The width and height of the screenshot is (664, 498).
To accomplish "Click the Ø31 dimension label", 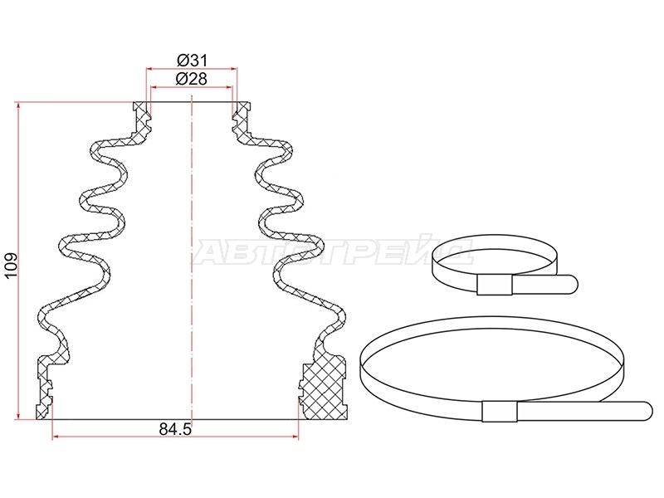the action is click(192, 61).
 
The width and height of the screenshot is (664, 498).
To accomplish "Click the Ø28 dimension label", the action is click(192, 78).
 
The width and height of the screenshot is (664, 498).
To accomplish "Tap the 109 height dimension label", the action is click(11, 265).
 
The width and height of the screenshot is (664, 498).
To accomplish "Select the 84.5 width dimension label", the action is click(175, 429).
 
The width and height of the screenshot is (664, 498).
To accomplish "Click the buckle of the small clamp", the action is click(495, 284).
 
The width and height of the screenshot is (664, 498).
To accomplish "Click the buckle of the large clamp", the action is click(500, 411).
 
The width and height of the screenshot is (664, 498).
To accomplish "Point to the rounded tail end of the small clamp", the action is click(572, 283).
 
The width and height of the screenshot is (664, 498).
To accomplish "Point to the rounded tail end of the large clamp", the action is click(647, 411).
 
